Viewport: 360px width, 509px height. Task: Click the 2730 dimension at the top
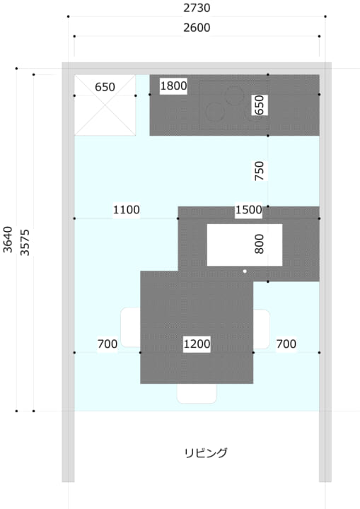pyautogui.click(x=197, y=8)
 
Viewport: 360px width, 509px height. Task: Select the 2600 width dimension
pyautogui.click(x=197, y=28)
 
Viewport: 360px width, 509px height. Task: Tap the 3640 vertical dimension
pyautogui.click(x=8, y=239)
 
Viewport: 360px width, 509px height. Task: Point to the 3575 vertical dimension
pyautogui.click(x=25, y=242)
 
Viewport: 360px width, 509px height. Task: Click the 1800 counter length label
pyautogui.click(x=173, y=86)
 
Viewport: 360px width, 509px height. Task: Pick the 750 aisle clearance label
pyautogui.click(x=260, y=171)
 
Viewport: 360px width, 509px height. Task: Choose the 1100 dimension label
pyautogui.click(x=127, y=210)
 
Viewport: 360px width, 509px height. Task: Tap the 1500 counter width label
pyautogui.click(x=248, y=210)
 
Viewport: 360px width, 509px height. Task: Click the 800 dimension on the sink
pyautogui.click(x=260, y=244)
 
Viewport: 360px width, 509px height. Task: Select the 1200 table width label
pyautogui.click(x=197, y=344)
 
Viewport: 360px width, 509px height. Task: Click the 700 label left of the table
pyautogui.click(x=108, y=344)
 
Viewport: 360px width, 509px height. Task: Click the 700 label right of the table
pyautogui.click(x=286, y=344)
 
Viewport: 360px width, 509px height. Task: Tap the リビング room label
pyautogui.click(x=206, y=453)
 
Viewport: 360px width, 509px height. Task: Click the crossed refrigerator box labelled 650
pyautogui.click(x=105, y=105)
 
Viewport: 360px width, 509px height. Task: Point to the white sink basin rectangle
pyautogui.click(x=245, y=245)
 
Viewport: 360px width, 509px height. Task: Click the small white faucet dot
pyautogui.click(x=245, y=271)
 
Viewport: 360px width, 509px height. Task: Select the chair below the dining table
pyautogui.click(x=197, y=394)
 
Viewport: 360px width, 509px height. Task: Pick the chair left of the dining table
pyautogui.click(x=131, y=327)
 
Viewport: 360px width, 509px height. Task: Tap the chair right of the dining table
pyautogui.click(x=262, y=329)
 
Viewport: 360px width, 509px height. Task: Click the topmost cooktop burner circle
pyautogui.click(x=235, y=95)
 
